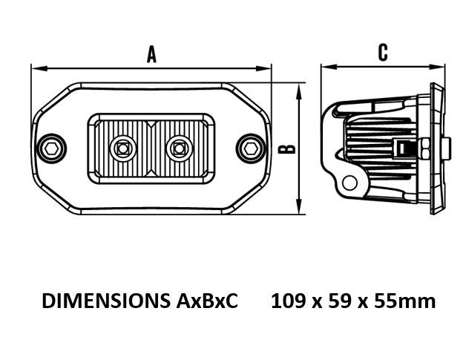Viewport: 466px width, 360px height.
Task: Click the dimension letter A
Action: [151, 54]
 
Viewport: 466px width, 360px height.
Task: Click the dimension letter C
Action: [383, 52]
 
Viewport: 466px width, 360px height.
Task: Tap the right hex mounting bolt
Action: [251, 148]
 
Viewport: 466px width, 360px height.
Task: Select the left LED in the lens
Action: [122, 148]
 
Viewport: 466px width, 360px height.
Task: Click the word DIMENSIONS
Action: [106, 301]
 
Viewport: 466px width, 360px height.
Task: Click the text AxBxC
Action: [207, 301]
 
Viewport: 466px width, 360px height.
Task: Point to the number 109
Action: [288, 301]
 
